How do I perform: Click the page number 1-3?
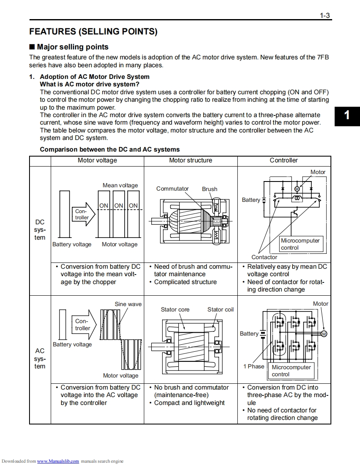pos(325,16)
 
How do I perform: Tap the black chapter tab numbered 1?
pos(347,115)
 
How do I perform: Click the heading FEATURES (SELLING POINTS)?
pos(93,32)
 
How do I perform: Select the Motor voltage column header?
pos(97,160)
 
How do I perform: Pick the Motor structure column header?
pos(190,160)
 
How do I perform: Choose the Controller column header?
pos(284,160)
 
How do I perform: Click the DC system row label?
pos(40,230)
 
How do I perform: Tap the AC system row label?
pos(40,358)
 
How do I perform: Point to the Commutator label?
pos(172,189)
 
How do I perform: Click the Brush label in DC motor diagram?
pos(210,189)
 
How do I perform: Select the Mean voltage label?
pos(120,185)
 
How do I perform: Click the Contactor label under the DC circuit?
pos(264,257)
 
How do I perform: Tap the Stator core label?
pos(175,309)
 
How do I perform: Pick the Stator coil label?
pos(220,309)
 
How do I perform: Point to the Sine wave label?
pos(128,304)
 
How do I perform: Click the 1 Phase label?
pos(254,366)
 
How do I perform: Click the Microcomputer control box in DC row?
pos(300,244)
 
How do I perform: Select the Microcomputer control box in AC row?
pos(291,371)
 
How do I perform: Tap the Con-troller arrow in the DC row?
pos(83,214)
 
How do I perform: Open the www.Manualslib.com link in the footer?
pos(58,461)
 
